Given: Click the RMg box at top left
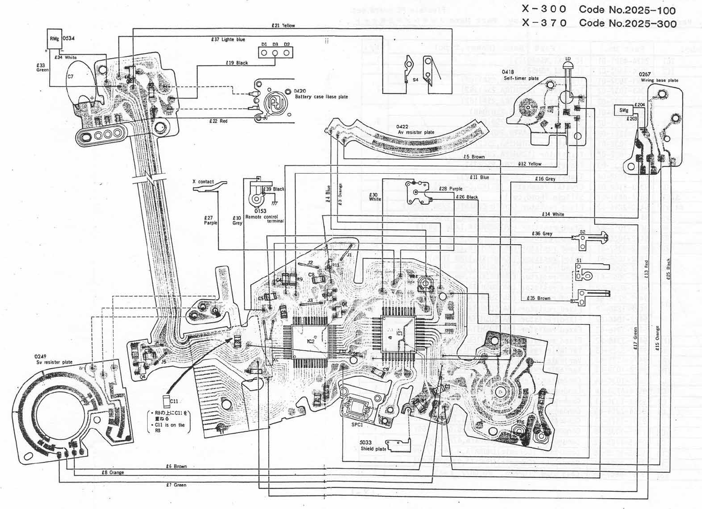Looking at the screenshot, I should (x=54, y=38).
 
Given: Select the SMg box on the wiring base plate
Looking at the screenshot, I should (x=624, y=111).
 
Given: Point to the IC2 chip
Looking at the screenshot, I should (x=310, y=342).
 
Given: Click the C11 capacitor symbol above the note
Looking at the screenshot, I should (x=166, y=401).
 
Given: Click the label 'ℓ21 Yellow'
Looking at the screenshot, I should (x=283, y=26).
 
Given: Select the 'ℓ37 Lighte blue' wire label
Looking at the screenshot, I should (x=228, y=39).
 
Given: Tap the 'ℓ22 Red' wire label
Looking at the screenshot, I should (x=218, y=121).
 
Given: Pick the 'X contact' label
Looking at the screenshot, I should (x=203, y=182).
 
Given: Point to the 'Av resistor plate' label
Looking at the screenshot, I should (x=416, y=132).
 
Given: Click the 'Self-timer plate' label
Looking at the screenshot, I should (x=521, y=78).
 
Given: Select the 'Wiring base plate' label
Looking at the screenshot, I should (x=659, y=80).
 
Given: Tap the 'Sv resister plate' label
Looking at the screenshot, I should (x=54, y=362).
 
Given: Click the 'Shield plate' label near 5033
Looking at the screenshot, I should (x=373, y=449).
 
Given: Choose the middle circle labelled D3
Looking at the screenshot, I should (x=275, y=52).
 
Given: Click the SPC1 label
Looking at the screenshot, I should (x=357, y=424).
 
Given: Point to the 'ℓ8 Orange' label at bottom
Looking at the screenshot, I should (x=113, y=473).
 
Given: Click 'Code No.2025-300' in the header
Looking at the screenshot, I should (x=628, y=23).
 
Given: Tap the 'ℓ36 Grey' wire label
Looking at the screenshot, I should (x=542, y=234).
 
